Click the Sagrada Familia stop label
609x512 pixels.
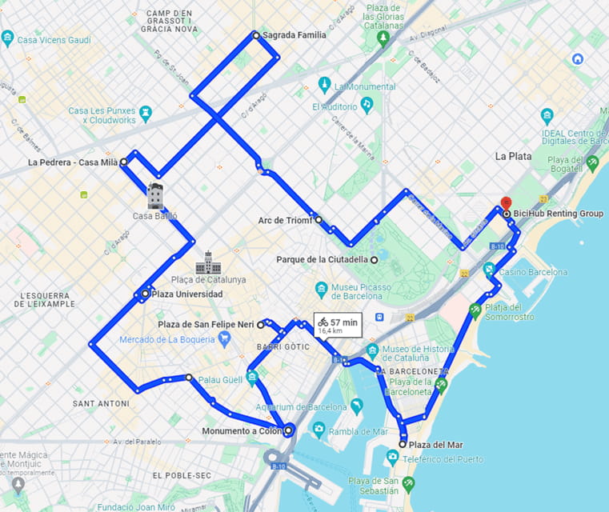[x=294, y=35]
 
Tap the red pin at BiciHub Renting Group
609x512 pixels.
[x=505, y=203]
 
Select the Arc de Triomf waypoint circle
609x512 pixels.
[x=319, y=219]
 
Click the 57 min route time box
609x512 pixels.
[x=339, y=325]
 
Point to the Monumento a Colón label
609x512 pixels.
[x=242, y=431]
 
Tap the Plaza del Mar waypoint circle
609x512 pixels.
[x=403, y=444]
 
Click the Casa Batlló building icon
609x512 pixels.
[x=155, y=196]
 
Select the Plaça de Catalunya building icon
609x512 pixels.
[x=208, y=262]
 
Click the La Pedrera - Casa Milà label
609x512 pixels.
[x=73, y=162]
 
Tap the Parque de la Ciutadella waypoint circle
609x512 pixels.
[x=374, y=259]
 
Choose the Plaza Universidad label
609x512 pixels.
[x=187, y=294]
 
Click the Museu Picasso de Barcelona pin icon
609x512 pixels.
[x=321, y=289]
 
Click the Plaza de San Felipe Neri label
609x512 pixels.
[x=206, y=325]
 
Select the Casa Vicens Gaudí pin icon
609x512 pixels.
[x=7, y=38]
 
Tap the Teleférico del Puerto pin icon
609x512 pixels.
[x=392, y=458]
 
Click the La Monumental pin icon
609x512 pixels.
[x=324, y=85]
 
